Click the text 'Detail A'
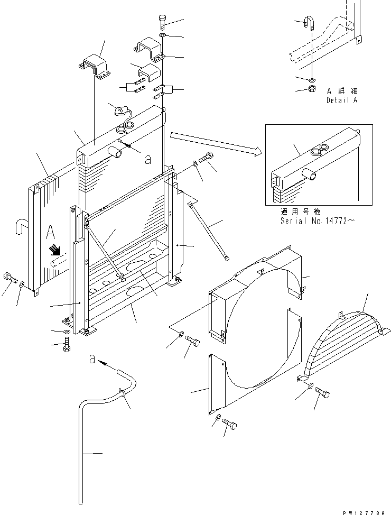click(341, 99)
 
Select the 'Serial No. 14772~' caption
click(316, 222)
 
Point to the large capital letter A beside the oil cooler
click(51, 233)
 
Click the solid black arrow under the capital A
click(54, 250)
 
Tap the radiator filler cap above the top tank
click(122, 111)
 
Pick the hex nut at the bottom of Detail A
click(312, 88)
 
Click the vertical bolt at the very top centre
click(162, 23)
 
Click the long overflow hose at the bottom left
click(85, 449)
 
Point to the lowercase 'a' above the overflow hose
click(92, 360)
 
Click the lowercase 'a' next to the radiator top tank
click(147, 158)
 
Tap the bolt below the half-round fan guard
click(322, 393)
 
